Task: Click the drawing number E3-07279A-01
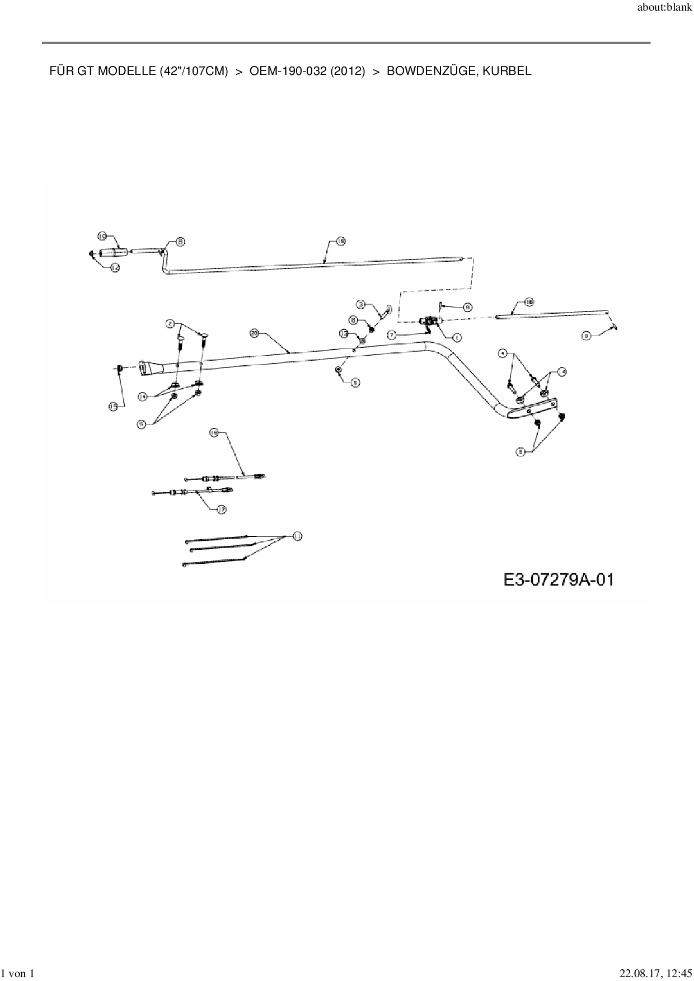[x=559, y=579]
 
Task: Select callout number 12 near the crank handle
[x=115, y=268]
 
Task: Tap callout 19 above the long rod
[x=341, y=241]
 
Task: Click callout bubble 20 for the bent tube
[x=254, y=333]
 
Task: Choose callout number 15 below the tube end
[x=114, y=407]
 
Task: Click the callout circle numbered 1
[x=457, y=337]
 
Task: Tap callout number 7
[x=392, y=334]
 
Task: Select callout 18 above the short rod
[x=529, y=302]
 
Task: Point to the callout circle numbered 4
[x=503, y=353]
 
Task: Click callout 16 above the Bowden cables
[x=214, y=432]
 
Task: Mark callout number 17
[x=222, y=510]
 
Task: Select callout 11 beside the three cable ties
[x=297, y=536]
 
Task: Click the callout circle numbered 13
[x=344, y=333]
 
